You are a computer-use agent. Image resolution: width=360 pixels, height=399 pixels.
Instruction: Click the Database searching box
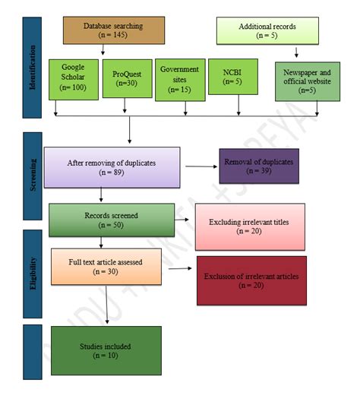tap(113, 31)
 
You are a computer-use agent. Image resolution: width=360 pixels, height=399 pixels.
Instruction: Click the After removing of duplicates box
tap(112, 167)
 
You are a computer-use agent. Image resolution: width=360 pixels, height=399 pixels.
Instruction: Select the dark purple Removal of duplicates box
tap(255, 165)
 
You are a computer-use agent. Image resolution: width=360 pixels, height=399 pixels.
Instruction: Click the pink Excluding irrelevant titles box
tap(249, 226)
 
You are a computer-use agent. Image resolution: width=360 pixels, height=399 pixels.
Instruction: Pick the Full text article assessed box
tap(106, 265)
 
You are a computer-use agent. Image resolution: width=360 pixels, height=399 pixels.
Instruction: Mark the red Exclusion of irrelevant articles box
tap(251, 280)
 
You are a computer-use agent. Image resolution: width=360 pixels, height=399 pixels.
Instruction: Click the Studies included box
tap(106, 350)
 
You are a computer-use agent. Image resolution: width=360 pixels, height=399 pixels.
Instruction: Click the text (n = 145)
tap(113, 36)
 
